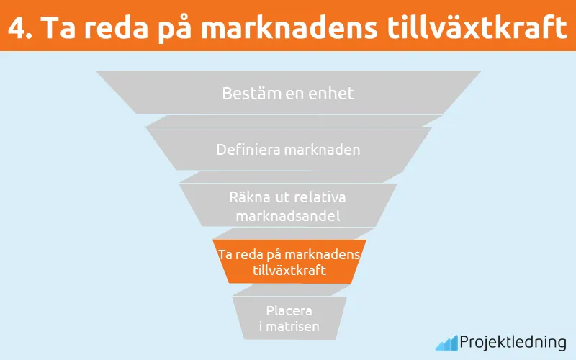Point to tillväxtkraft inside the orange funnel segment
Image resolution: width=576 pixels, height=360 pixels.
(x=289, y=271)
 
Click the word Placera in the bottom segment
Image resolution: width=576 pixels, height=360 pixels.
(x=289, y=312)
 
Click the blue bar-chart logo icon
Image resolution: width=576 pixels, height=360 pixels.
(x=446, y=343)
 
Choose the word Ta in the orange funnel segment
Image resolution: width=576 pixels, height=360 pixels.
(x=225, y=255)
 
